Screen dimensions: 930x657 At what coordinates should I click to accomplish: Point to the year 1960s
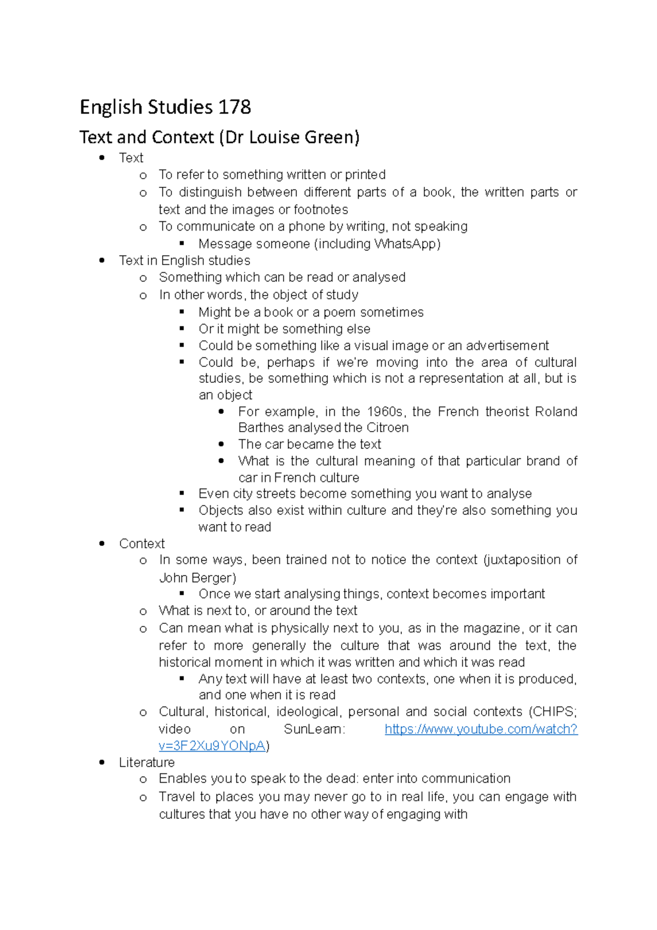tap(386, 411)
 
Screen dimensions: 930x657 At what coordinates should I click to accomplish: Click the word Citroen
tap(388, 428)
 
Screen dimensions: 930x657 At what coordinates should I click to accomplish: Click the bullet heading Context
tap(142, 543)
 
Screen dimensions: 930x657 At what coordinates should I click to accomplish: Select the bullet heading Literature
tap(147, 762)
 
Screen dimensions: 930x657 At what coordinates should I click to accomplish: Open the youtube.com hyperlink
tap(481, 729)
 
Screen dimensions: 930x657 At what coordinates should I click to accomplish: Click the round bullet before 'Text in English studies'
tap(102, 261)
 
